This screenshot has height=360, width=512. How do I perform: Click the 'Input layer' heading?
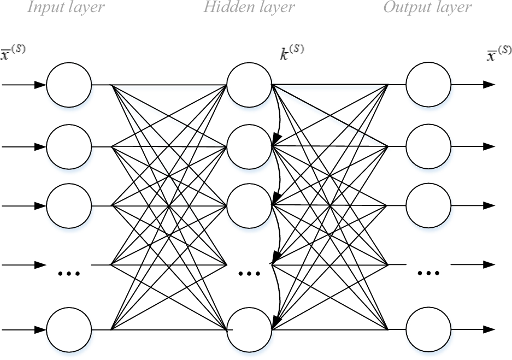66,8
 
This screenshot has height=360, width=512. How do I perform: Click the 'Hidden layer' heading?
249,8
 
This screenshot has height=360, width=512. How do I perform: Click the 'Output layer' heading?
427,8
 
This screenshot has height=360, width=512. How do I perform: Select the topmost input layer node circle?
69,85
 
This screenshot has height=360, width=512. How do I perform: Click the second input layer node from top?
69,146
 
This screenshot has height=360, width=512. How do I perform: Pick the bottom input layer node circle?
69,329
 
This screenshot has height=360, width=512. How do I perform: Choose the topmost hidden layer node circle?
249,85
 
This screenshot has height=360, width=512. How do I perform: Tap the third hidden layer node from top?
249,206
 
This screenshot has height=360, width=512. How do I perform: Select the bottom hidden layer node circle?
249,329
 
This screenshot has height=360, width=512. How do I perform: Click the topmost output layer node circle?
429,85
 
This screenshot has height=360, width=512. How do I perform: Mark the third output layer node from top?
429,206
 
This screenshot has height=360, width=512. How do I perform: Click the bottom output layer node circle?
429,329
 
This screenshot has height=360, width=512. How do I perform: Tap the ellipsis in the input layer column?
69,272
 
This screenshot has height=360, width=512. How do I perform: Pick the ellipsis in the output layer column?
429,272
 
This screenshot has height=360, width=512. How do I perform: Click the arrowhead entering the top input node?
40,85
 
